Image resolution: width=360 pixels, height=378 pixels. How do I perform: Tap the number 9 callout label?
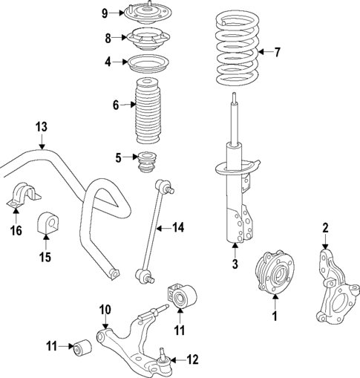click(105, 13)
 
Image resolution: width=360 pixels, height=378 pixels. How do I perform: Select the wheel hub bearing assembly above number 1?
click(273, 273)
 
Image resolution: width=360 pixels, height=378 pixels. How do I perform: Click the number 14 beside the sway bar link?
click(177, 227)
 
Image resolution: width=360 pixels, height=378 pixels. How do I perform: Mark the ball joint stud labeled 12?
click(163, 353)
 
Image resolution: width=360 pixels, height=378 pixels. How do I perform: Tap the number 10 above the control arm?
click(105, 309)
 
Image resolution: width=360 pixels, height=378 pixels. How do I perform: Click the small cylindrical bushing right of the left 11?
click(83, 346)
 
